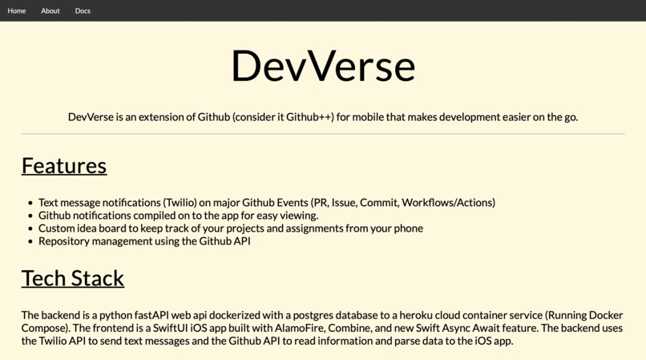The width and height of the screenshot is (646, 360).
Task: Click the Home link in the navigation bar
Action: click(x=17, y=11)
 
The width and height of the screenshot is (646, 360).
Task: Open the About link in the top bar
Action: click(x=50, y=11)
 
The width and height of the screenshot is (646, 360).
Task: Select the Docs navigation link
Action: click(x=83, y=11)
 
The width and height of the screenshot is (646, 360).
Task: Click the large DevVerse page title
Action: click(x=323, y=66)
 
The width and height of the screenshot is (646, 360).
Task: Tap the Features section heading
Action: click(x=64, y=165)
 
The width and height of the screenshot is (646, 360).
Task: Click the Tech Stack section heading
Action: click(x=73, y=277)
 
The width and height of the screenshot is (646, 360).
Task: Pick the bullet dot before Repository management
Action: click(x=30, y=242)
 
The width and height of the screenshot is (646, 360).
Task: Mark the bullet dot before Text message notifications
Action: click(x=30, y=204)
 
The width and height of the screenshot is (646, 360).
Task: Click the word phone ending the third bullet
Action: click(x=408, y=229)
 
